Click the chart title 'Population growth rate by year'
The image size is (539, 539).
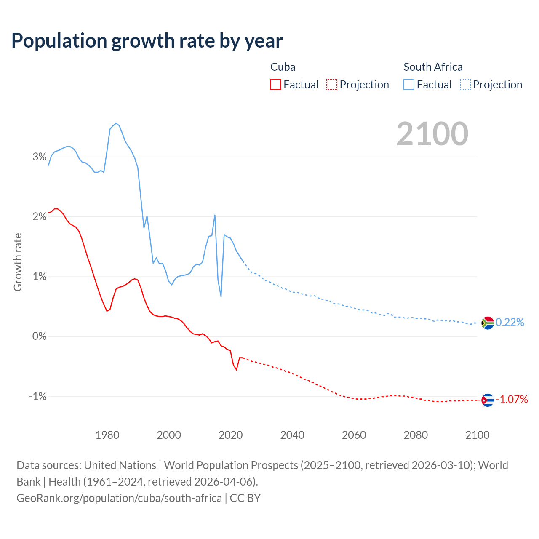pyautogui.click(x=147, y=41)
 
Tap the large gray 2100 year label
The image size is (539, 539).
pyautogui.click(x=432, y=134)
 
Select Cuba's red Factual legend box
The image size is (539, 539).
pyautogui.click(x=275, y=84)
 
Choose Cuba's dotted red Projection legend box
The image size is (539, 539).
pyautogui.click(x=332, y=84)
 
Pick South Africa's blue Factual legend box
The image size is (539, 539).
pyautogui.click(x=408, y=84)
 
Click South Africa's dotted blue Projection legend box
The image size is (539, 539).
pyautogui.click(x=465, y=84)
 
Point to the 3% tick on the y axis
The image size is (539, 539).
pyautogui.click(x=40, y=157)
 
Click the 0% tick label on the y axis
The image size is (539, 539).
pyautogui.click(x=40, y=336)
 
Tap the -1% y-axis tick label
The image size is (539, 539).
pyautogui.click(x=38, y=396)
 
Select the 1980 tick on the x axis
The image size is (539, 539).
pyautogui.click(x=107, y=435)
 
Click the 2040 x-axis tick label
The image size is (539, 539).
pyautogui.click(x=292, y=435)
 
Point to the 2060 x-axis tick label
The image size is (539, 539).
pyautogui.click(x=354, y=435)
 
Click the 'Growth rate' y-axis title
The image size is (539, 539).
pyautogui.click(x=18, y=262)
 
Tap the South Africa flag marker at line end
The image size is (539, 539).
pyautogui.click(x=487, y=323)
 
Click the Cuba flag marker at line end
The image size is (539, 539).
pyautogui.click(x=487, y=400)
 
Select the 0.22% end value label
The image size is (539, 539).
pyautogui.click(x=510, y=323)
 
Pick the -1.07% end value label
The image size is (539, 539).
pyautogui.click(x=512, y=399)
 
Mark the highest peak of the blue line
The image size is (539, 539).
pyautogui.click(x=116, y=123)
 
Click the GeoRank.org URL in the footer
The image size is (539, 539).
pyautogui.click(x=119, y=498)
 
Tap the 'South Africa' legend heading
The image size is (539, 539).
pyautogui.click(x=433, y=67)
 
